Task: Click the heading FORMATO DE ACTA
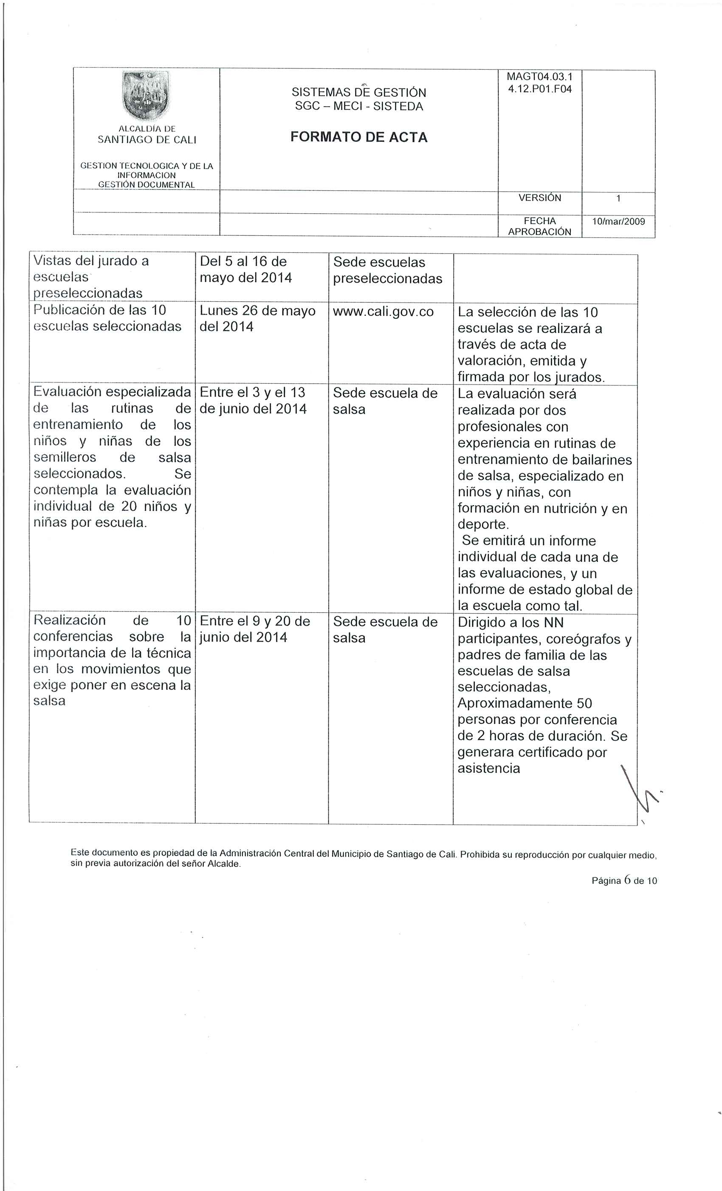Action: tap(358, 137)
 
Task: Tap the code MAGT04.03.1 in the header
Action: tap(539, 77)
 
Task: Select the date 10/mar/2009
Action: tap(618, 221)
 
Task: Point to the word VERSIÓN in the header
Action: tap(539, 198)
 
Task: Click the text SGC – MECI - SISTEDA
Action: tap(358, 106)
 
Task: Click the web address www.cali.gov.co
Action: tap(383, 312)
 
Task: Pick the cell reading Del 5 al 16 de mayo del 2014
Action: tap(245, 270)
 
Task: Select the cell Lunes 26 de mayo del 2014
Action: tap(257, 319)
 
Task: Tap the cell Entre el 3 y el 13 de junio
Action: tap(253, 401)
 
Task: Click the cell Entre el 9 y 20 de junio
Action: tap(255, 629)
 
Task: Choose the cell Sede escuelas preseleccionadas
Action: tap(388, 270)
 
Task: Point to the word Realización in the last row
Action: tap(70, 620)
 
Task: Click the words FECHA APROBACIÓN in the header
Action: tap(539, 226)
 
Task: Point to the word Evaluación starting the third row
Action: tap(68, 391)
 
